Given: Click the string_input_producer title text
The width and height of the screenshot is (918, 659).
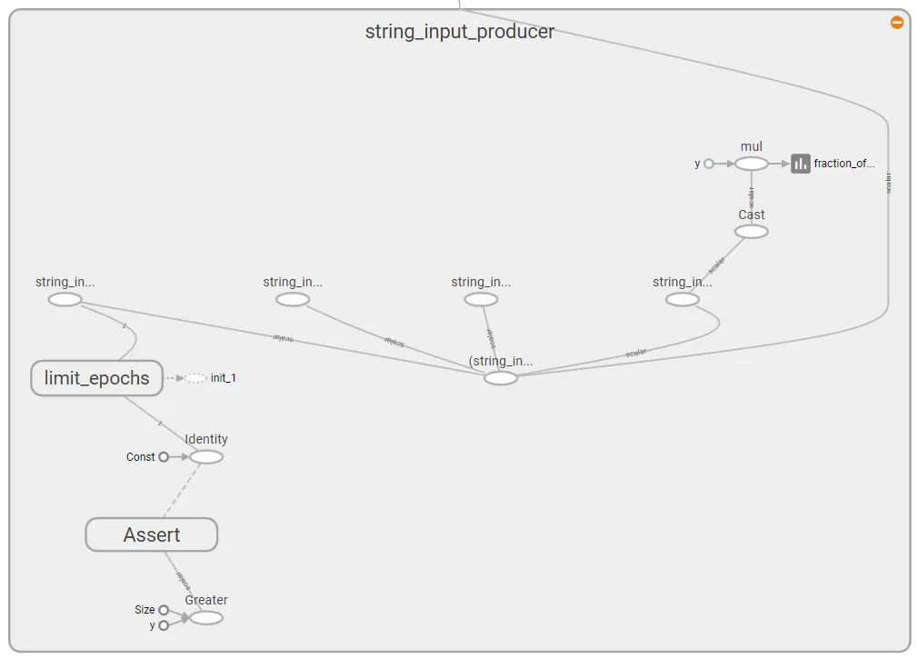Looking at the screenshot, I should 459,32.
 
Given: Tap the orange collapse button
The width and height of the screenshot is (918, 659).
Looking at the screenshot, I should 897,22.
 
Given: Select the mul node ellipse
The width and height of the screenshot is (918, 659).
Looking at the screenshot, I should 751,164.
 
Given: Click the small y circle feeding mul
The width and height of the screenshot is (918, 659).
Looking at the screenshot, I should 709,165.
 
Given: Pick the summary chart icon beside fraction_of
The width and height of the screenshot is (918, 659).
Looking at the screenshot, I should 800,164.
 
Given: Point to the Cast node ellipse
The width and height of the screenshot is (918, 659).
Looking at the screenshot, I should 751,232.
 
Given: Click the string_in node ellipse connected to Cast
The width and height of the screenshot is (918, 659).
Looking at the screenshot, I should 682,300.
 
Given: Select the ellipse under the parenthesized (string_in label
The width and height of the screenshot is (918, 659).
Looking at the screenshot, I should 500,378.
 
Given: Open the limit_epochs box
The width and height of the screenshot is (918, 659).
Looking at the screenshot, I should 96,378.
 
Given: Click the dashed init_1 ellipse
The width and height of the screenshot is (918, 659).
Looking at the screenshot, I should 195,378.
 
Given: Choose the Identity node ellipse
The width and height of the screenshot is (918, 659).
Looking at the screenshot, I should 206,456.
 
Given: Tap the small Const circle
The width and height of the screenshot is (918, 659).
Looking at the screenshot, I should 164,457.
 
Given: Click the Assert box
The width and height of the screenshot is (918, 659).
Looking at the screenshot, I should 152,534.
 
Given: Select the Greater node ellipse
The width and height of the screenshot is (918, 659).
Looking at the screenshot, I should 206,617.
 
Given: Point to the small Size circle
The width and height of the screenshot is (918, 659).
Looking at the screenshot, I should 164,610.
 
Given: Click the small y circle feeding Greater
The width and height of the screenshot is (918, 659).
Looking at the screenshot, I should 164,625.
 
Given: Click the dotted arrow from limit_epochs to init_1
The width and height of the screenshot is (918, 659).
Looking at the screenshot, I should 173,378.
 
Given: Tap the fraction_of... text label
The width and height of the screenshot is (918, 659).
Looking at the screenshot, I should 843,164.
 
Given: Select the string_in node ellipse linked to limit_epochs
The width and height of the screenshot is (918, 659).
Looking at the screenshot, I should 65,300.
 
